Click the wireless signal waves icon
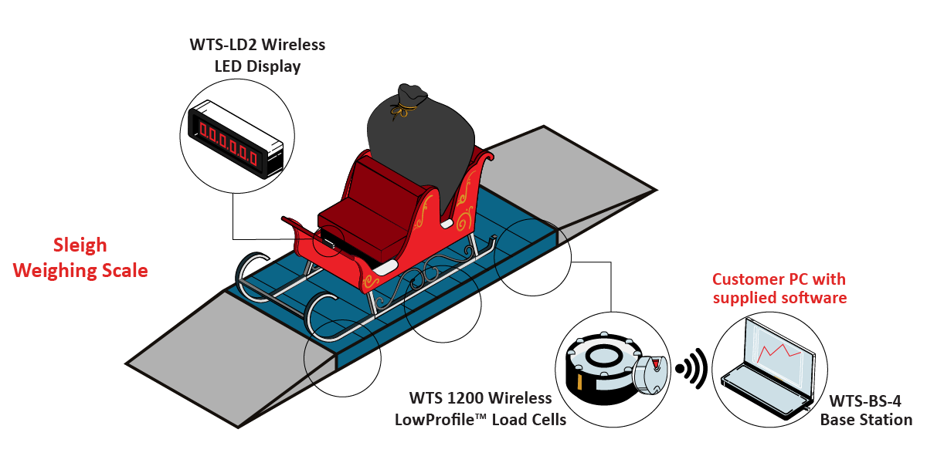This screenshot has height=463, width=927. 693,369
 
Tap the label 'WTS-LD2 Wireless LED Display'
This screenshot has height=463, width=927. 257,56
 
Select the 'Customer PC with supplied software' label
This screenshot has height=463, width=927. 779,288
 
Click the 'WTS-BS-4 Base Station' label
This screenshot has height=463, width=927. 866,411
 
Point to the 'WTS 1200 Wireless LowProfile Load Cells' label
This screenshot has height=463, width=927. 480,409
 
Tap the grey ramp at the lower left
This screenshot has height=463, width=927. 232,355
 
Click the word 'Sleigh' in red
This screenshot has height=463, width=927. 80,245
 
